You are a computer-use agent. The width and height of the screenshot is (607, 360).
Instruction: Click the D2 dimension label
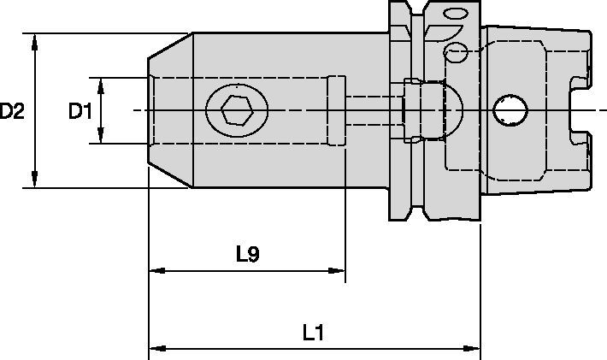(12, 111)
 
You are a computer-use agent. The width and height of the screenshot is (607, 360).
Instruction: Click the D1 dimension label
(80, 111)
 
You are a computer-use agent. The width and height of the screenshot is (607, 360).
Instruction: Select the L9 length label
(248, 254)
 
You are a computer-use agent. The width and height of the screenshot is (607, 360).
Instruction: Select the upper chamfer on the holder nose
(170, 46)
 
